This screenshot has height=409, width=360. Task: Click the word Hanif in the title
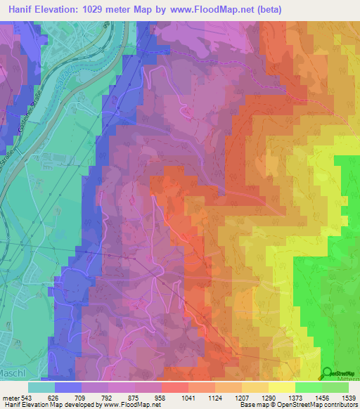[22, 10]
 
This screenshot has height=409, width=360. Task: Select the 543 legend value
[23, 398]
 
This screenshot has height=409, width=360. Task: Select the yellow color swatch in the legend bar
[281, 387]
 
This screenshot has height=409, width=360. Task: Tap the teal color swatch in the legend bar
[41, 387]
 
